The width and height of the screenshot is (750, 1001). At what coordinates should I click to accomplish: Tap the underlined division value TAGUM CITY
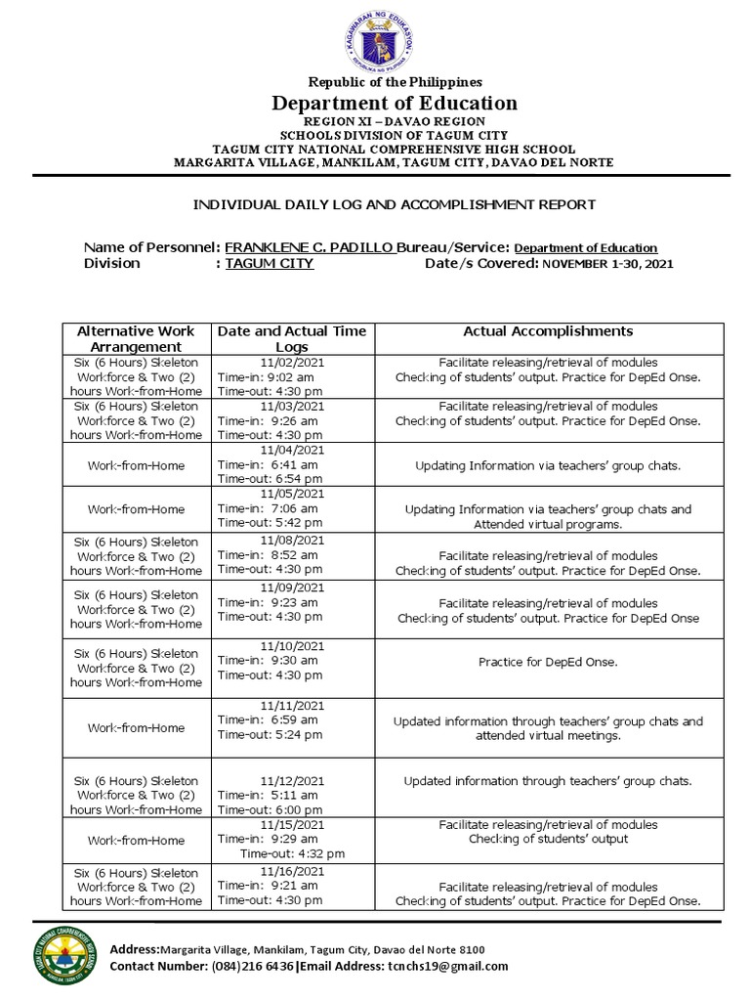[269, 264]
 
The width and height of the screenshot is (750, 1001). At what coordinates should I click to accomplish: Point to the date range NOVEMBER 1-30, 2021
[606, 264]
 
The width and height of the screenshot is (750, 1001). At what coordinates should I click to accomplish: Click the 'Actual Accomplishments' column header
[547, 331]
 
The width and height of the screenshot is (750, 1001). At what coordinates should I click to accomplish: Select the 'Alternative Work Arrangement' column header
[136, 338]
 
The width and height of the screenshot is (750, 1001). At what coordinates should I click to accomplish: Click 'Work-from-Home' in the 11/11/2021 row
[136, 728]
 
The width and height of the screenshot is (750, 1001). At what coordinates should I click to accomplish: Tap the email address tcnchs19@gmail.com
[447, 966]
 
